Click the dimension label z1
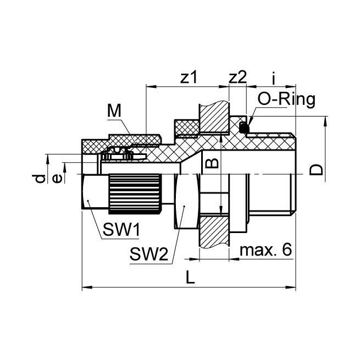[x=189, y=78]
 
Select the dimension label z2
[x=237, y=78]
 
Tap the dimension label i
[x=273, y=78]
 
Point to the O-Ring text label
[x=286, y=99]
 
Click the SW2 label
[x=148, y=254]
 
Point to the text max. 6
[x=265, y=250]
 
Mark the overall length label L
[x=190, y=278]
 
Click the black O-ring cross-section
[x=245, y=129]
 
